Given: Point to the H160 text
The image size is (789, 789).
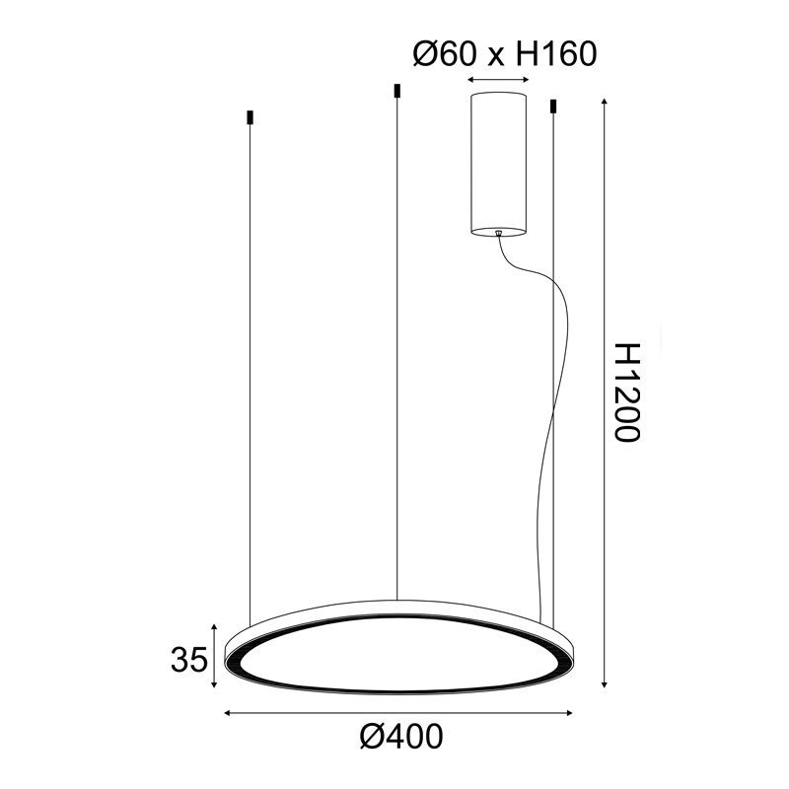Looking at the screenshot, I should (x=557, y=54).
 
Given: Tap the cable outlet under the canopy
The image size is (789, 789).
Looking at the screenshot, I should (x=499, y=233).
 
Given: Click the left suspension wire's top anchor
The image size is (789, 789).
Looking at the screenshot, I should (x=250, y=117).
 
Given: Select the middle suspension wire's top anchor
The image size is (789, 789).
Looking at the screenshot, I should (x=396, y=91).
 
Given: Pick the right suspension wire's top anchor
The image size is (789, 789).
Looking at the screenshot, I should (x=553, y=106).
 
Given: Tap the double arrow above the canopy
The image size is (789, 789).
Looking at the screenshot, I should (x=499, y=78).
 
